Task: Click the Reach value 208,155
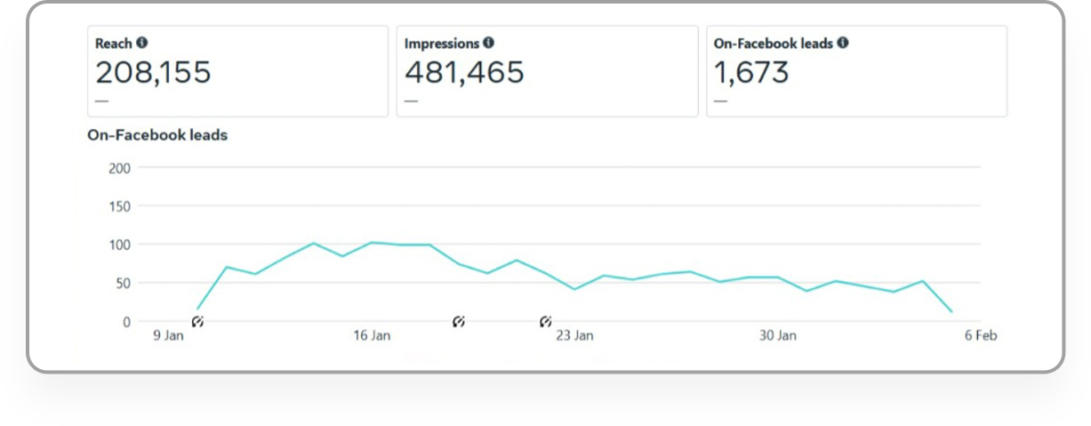(x=153, y=73)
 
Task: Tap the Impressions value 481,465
(x=464, y=73)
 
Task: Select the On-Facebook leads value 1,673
(x=751, y=73)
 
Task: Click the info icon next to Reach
(x=142, y=43)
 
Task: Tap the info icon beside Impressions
(x=488, y=43)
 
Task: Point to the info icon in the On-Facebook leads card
(x=842, y=43)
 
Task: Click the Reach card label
(x=113, y=44)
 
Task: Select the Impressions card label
(x=442, y=44)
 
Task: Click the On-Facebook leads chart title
(x=157, y=135)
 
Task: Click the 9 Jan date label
(x=169, y=336)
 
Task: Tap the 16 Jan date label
(x=372, y=336)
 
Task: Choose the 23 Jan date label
(x=574, y=336)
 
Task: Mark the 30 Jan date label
(x=777, y=336)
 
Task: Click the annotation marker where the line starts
(x=197, y=322)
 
